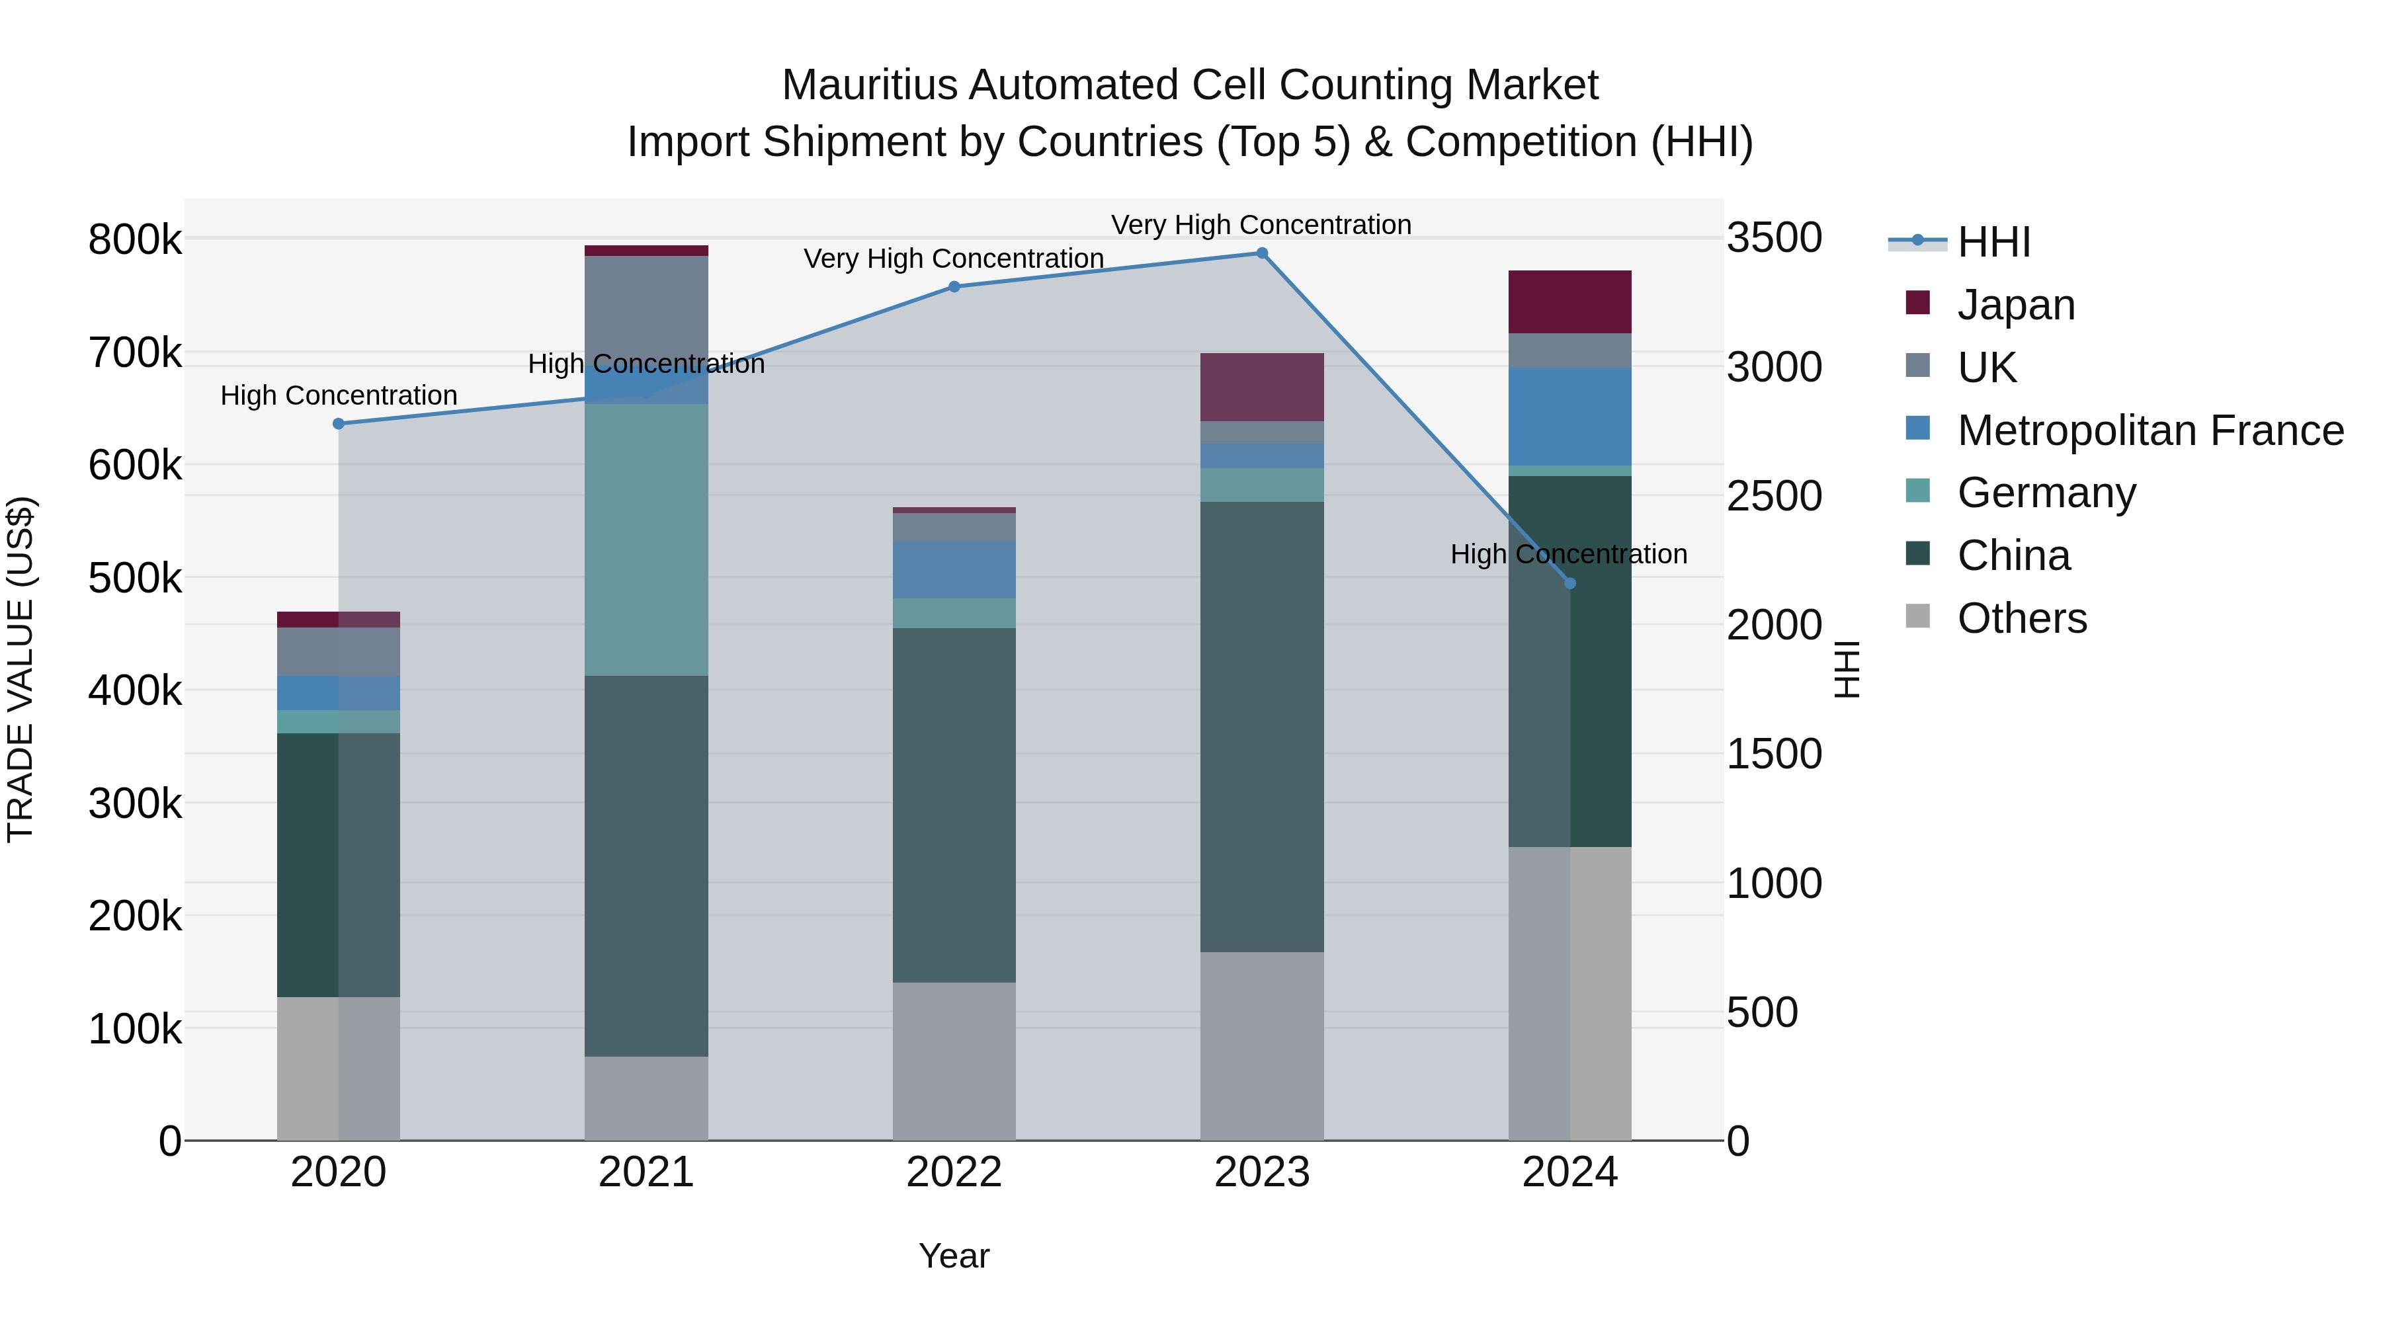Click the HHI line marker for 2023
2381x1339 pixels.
1262,253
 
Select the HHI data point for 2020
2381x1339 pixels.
338,424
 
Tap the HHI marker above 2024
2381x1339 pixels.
1569,584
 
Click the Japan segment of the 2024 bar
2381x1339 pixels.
1569,302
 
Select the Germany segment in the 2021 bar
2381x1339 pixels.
646,540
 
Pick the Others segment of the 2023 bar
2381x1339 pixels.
1262,1045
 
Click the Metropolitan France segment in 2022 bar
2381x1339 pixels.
954,570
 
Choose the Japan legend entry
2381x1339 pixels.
2015,305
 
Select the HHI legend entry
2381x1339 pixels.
1993,242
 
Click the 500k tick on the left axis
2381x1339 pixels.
135,579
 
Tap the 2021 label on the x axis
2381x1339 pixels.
646,1172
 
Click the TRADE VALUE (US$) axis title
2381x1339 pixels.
21,669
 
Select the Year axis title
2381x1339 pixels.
954,1256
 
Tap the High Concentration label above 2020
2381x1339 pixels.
338,395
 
